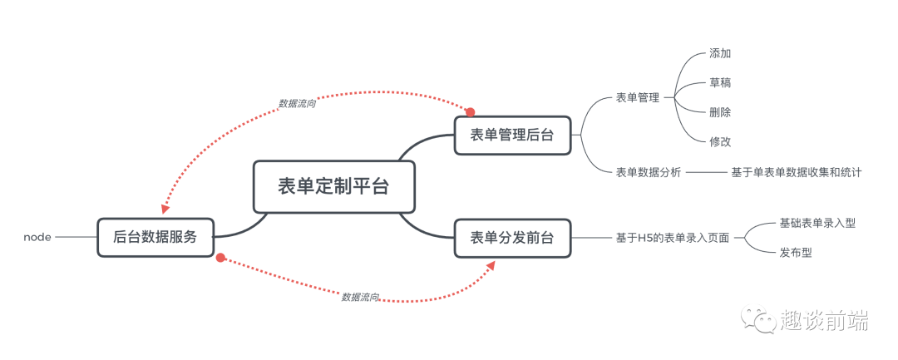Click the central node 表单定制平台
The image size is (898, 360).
tap(333, 186)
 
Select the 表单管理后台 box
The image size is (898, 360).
tap(512, 135)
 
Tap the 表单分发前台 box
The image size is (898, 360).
tap(512, 239)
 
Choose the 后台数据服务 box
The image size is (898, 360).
tap(155, 236)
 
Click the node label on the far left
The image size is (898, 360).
tap(37, 237)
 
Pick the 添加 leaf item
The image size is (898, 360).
tap(720, 53)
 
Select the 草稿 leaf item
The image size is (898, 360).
tap(720, 82)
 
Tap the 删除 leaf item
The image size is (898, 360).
tap(720, 111)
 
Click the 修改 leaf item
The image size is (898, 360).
tap(720, 141)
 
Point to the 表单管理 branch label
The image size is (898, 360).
tap(638, 97)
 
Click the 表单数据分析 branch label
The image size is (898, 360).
tap(649, 172)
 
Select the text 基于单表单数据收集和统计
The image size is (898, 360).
tap(796, 172)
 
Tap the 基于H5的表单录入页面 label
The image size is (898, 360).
tap(673, 238)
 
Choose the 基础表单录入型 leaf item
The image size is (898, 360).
tap(817, 223)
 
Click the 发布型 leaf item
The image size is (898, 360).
tap(796, 252)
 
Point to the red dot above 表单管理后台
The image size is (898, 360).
tap(470, 111)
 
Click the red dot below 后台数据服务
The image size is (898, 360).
tap(220, 258)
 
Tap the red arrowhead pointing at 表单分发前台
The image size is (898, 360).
tap(490, 265)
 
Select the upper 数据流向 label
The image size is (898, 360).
tap(297, 104)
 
